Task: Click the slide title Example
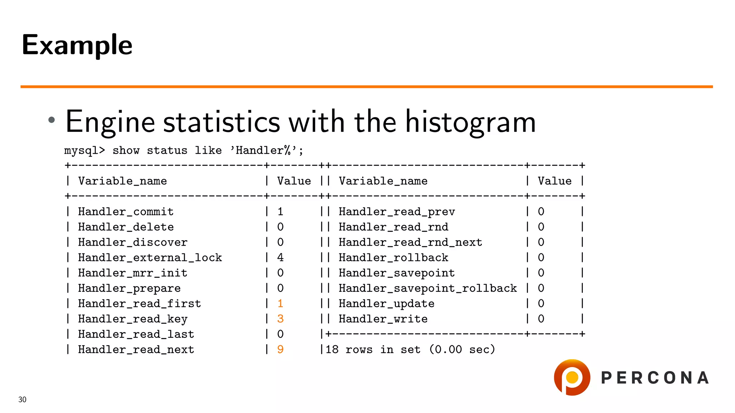click(x=77, y=45)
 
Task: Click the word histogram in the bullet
click(x=471, y=122)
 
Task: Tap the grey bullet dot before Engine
click(x=52, y=120)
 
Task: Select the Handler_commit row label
click(x=126, y=212)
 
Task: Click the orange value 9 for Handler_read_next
click(x=280, y=349)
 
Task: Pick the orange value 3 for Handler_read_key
click(x=280, y=319)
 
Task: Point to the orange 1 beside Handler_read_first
click(x=280, y=303)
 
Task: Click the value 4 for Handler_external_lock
click(x=280, y=257)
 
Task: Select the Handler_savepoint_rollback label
click(x=427, y=288)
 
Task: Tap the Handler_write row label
click(x=383, y=319)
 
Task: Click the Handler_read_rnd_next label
click(x=410, y=242)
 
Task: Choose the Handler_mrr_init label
click(x=132, y=273)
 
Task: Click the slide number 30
click(x=22, y=399)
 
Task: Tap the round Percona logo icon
click(x=572, y=378)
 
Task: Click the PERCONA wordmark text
click(x=655, y=378)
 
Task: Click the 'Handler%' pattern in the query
click(x=266, y=150)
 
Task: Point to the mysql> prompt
click(x=85, y=150)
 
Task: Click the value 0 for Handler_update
click(x=541, y=303)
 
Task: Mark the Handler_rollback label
click(x=393, y=257)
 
